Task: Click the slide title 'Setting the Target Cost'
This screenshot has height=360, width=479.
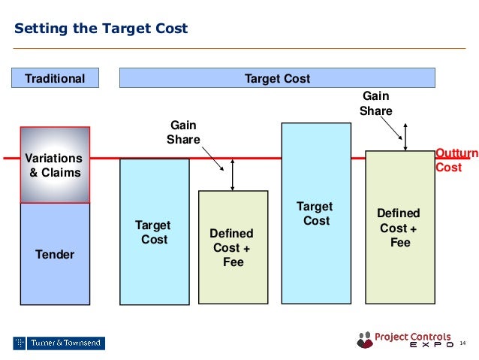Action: point(101,29)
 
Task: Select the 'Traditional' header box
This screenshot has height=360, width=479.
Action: point(55,78)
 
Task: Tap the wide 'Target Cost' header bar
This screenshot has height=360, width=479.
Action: point(277,78)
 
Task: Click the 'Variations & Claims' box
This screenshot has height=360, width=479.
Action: point(55,165)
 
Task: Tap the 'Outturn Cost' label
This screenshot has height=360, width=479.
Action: point(456,161)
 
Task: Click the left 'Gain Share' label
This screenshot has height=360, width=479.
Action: point(183,132)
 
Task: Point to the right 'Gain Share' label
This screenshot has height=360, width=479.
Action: point(375,104)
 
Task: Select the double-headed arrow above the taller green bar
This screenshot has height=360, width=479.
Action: point(406,137)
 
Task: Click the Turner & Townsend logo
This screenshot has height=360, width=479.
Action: point(59,343)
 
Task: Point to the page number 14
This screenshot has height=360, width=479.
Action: point(462,343)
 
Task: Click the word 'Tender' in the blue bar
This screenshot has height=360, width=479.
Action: point(55,255)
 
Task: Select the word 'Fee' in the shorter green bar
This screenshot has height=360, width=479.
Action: point(233,262)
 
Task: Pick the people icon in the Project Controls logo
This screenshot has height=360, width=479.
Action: point(365,339)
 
